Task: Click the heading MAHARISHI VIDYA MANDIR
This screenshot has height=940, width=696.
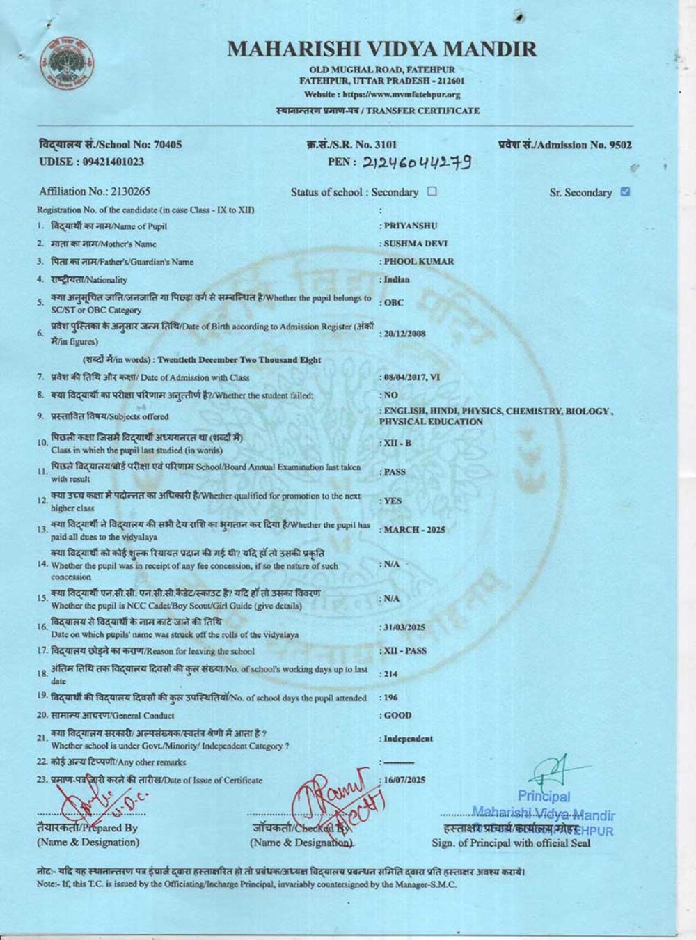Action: click(x=382, y=49)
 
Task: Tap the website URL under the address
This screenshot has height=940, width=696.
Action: click(x=382, y=95)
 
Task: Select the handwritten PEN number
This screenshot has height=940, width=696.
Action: click(x=416, y=162)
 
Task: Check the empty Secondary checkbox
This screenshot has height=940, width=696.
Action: click(x=432, y=191)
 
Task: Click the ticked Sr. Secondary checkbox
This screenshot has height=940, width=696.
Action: click(x=625, y=191)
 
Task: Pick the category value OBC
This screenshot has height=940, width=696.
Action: click(x=393, y=303)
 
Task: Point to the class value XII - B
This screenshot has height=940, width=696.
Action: click(x=397, y=444)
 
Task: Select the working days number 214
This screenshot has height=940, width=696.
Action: click(x=392, y=674)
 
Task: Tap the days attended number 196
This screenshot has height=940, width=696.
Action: click(x=391, y=698)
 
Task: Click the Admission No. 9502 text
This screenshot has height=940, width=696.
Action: click(x=564, y=145)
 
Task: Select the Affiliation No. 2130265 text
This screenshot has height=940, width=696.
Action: click(x=95, y=191)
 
